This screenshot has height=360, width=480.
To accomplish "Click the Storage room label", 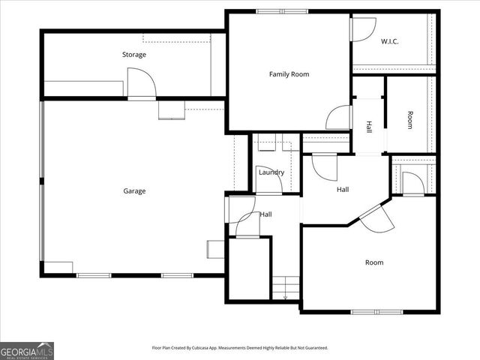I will (x=134, y=55).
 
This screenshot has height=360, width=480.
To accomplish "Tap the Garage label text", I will (x=134, y=190).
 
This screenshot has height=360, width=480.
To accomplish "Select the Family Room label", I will (x=289, y=74).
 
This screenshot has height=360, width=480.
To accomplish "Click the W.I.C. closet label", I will (x=389, y=41).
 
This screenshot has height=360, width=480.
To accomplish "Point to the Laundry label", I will (x=271, y=172).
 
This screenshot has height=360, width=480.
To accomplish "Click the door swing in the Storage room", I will (x=140, y=83).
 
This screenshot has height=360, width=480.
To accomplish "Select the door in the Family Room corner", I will (x=339, y=118).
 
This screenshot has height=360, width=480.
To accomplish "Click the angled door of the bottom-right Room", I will (x=376, y=217).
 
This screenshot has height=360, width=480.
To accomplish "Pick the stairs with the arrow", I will (x=285, y=288).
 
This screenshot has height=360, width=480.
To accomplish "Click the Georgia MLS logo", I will (x=26, y=350).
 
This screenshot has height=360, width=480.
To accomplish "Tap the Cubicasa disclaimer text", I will (x=239, y=348).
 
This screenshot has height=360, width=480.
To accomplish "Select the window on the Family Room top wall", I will (x=281, y=11).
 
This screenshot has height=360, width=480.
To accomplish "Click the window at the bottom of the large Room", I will (x=376, y=312).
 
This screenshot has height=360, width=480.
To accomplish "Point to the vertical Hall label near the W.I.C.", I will (x=369, y=127).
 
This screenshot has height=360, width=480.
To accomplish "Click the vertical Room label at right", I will (x=409, y=120).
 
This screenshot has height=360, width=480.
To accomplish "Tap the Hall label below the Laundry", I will (x=265, y=214).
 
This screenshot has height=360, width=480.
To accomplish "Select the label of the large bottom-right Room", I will (x=374, y=262).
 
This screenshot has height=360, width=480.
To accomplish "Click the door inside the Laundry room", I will (x=268, y=180).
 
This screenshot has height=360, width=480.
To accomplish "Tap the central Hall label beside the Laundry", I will (x=343, y=190).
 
